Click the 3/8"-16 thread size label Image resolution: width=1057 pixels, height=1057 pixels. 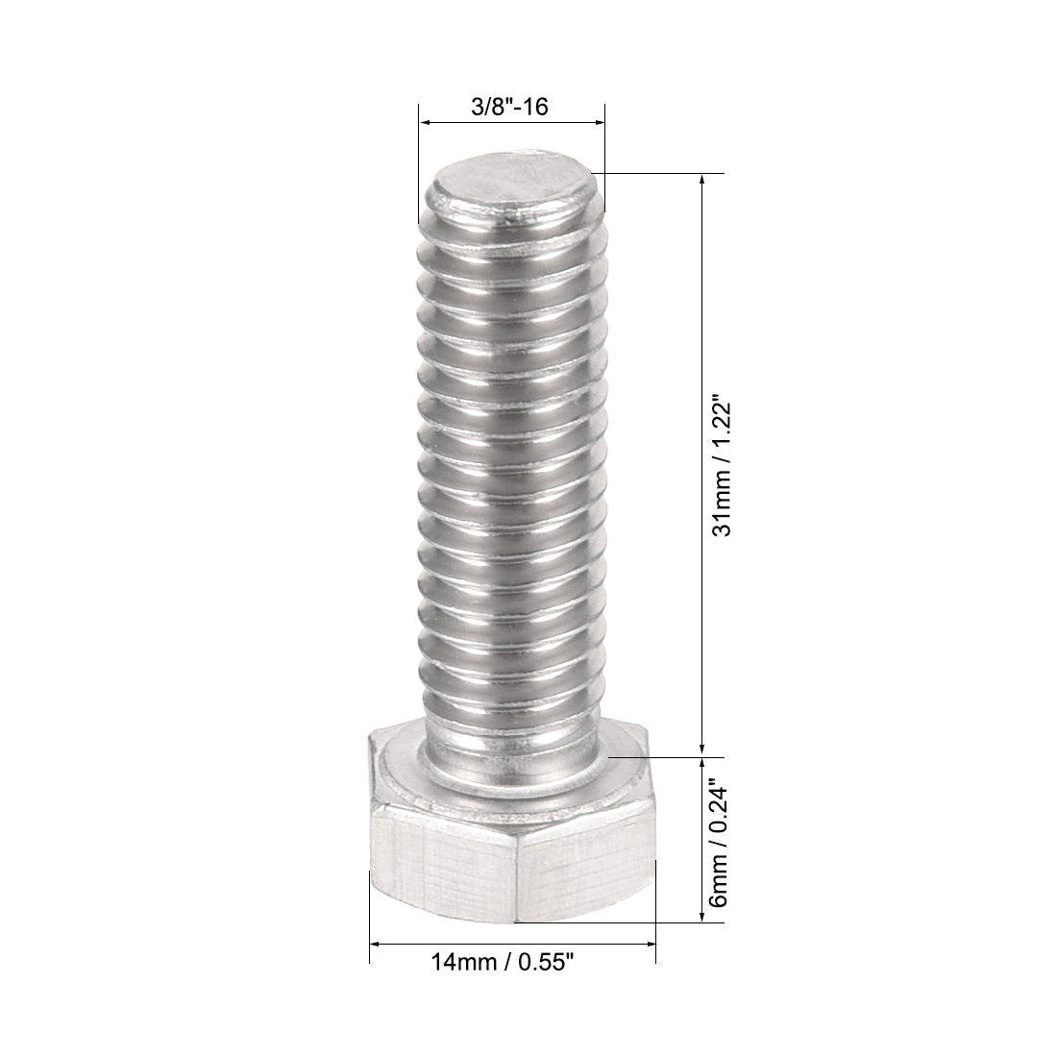(x=509, y=107)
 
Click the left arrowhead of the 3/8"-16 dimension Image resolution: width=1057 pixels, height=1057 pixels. (x=424, y=123)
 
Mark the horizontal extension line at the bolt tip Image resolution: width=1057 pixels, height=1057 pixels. (x=663, y=174)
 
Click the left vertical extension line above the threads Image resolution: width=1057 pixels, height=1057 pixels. (x=418, y=163)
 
